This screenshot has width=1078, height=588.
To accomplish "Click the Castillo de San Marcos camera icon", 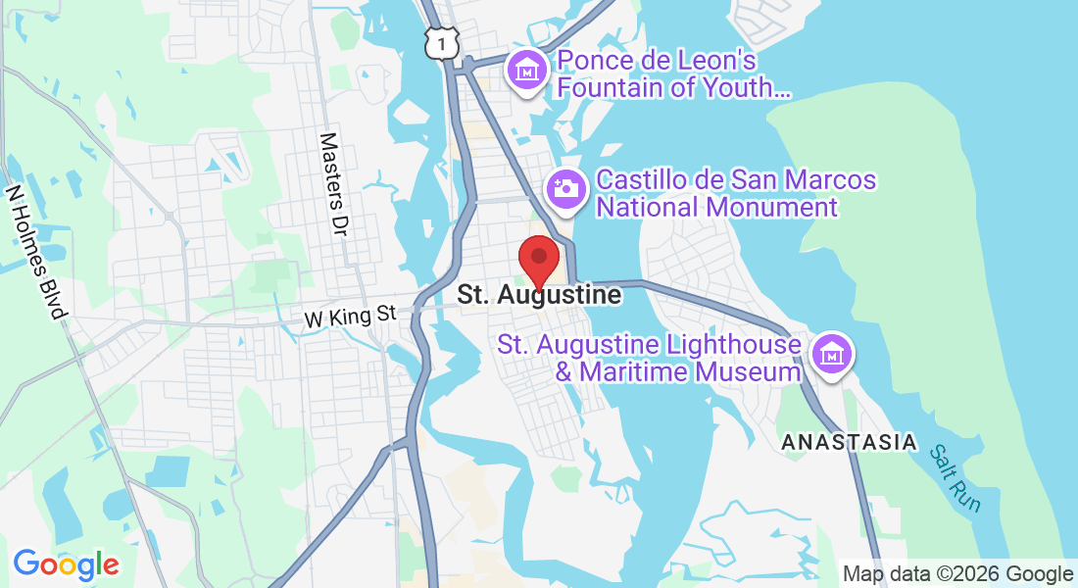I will pos(565,186).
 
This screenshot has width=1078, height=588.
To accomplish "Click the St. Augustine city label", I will pos(539,295).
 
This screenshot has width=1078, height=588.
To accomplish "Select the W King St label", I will pos(349,317).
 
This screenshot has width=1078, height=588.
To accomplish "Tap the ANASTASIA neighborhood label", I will pos(849,443).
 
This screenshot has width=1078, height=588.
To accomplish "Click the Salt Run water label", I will pos(955,477).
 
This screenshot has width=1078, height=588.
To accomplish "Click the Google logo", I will pos(66,564).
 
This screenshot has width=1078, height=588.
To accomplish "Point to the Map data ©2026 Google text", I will pos(958,574).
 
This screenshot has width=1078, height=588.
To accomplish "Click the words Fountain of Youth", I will pos(673,88).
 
